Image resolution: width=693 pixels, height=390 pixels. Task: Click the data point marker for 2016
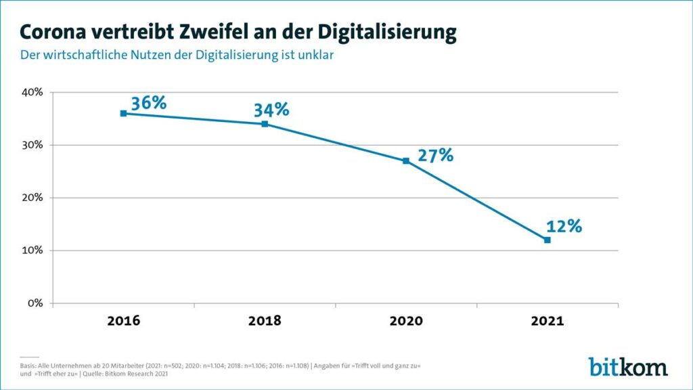(123, 114)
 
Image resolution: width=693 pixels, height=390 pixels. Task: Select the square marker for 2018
(265, 124)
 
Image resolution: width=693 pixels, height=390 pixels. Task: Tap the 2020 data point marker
(406, 161)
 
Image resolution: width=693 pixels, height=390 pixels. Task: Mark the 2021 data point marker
(547, 240)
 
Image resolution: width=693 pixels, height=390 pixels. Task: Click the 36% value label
(148, 104)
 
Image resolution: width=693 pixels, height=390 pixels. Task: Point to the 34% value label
(271, 110)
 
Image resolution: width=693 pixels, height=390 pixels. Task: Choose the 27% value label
(434, 155)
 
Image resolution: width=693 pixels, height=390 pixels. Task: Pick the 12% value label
(564, 225)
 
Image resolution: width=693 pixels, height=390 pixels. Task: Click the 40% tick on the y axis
(32, 92)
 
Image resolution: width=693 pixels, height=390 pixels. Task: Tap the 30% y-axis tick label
(32, 145)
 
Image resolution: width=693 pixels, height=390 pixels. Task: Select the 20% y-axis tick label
(32, 198)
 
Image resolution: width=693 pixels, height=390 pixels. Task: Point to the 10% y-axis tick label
(32, 251)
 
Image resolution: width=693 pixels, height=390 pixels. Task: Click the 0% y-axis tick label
(35, 303)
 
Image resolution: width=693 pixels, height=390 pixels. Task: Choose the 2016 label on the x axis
(123, 321)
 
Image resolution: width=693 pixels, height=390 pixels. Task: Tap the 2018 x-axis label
(265, 321)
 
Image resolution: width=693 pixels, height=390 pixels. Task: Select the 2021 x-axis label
(547, 321)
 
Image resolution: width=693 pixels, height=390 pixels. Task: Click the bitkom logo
(627, 366)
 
